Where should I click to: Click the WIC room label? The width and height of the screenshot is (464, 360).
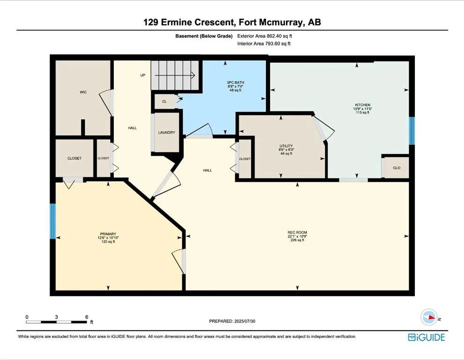(x=83, y=92)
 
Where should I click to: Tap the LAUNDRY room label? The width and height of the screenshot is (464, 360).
(x=166, y=133)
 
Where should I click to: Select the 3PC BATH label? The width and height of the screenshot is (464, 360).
(x=236, y=82)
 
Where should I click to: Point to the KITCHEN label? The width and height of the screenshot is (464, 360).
(x=363, y=105)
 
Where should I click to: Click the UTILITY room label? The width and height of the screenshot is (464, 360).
(x=286, y=146)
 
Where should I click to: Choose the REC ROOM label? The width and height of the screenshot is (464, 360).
(x=298, y=232)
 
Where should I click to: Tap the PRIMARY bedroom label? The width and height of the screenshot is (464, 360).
(x=108, y=234)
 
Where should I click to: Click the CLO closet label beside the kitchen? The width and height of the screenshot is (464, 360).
(x=397, y=168)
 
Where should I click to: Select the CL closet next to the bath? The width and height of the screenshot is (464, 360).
(x=165, y=102)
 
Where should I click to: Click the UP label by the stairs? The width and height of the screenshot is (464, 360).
(x=143, y=75)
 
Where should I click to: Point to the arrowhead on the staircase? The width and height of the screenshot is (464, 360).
(x=193, y=75)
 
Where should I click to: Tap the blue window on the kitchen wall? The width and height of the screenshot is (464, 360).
(x=412, y=131)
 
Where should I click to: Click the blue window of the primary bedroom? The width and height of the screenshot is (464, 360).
(x=52, y=221)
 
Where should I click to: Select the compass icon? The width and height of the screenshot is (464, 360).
(x=429, y=317)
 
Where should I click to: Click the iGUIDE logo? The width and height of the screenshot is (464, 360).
(x=427, y=337)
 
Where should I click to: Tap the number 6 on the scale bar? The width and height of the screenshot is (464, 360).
(x=87, y=317)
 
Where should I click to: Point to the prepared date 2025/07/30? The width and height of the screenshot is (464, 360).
(x=245, y=321)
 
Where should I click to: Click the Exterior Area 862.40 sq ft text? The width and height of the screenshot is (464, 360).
(x=264, y=36)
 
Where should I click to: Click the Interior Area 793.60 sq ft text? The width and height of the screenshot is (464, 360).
(x=264, y=44)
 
